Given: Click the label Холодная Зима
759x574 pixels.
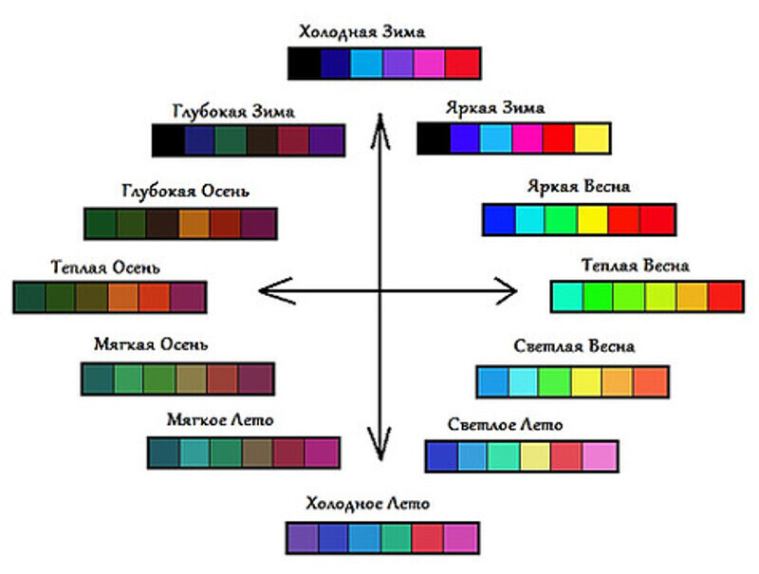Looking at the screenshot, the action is [362, 32].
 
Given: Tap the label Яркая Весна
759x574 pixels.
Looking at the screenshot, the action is [579, 186].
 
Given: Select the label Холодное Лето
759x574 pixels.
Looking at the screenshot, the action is [368, 504].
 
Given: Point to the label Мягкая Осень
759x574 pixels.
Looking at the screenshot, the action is [151, 344].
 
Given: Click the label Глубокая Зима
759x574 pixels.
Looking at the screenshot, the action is [233, 112].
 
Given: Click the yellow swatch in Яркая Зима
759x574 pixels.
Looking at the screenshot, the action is [591, 139].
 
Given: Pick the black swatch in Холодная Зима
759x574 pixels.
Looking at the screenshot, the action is [305, 63].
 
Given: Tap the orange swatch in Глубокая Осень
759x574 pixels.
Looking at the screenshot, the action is [194, 224].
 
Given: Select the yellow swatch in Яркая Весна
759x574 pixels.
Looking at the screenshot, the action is [592, 220].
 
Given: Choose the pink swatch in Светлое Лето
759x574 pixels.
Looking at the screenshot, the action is [600, 456].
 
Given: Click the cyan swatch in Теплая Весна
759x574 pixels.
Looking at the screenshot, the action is [567, 297].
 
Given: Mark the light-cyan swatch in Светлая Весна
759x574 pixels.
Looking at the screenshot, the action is [523, 381].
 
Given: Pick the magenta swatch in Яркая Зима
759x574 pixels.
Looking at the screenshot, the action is [528, 139].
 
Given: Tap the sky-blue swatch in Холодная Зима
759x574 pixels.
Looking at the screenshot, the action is [366, 63].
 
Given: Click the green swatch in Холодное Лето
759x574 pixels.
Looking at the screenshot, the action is [397, 538].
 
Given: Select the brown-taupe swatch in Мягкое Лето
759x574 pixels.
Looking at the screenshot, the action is [257, 453].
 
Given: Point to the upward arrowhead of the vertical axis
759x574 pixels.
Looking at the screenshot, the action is [380, 131].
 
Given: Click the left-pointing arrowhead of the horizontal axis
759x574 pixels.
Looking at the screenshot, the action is [277, 291].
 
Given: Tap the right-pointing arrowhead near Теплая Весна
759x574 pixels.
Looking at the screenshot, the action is [506, 291].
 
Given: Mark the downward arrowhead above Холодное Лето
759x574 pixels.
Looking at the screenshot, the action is [380, 444].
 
